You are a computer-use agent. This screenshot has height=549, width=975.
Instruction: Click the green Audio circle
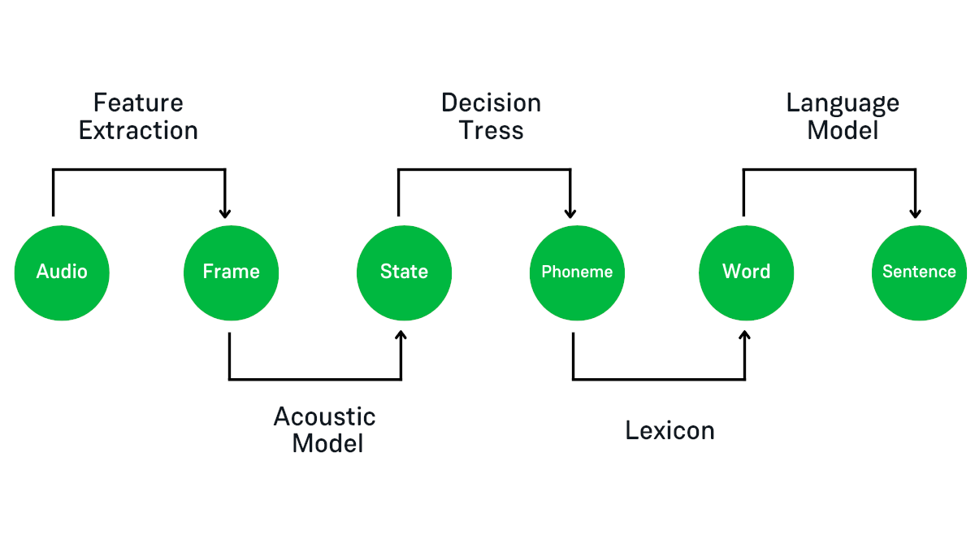point(62,272)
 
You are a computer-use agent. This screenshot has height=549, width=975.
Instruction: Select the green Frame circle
point(232,272)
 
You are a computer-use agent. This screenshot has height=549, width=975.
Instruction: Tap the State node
point(404,272)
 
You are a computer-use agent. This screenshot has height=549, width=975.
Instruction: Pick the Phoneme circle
point(577,272)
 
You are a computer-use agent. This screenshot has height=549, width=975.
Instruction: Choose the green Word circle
point(746,272)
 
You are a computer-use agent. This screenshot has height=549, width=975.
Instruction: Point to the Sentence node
point(919,272)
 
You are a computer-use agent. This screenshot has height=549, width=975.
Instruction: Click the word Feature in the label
point(138,103)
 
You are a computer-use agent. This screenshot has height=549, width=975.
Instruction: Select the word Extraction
point(138,131)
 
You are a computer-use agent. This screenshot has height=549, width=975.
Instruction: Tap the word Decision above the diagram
point(491,103)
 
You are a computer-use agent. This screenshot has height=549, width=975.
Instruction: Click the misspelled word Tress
point(491,131)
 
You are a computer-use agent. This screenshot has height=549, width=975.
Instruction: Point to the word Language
point(843,103)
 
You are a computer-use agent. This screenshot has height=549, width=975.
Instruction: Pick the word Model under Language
point(843,131)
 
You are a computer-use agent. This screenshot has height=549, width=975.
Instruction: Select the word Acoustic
point(324,416)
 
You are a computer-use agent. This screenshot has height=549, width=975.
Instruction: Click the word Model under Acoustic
point(327,444)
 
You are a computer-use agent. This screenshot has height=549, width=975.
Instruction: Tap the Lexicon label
point(669,430)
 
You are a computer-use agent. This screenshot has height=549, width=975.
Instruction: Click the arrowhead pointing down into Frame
point(225,213)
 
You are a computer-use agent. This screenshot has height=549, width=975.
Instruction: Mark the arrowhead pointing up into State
point(401,336)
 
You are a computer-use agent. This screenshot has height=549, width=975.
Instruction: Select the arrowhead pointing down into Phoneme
point(570,213)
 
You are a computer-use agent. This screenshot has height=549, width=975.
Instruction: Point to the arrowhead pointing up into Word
point(744,336)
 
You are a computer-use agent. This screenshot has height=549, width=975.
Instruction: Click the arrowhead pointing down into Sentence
point(915,213)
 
